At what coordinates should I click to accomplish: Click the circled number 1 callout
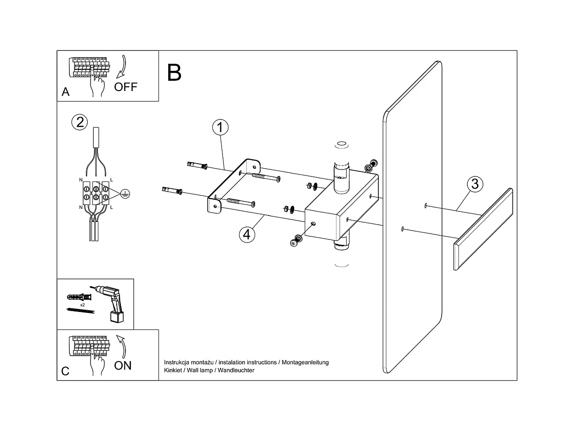[220, 127]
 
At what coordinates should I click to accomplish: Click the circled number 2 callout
[80, 122]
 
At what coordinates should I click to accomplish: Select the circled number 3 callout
[475, 184]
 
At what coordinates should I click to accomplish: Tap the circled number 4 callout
[247, 234]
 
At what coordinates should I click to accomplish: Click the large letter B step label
[174, 73]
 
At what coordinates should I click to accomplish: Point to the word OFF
[125, 87]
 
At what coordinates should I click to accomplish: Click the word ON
[123, 365]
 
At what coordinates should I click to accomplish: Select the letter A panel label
[66, 92]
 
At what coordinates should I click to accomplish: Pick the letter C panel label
[66, 371]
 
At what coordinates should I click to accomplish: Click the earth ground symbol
[124, 194]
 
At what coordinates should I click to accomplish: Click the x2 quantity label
[82, 305]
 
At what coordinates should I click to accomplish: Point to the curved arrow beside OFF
[121, 67]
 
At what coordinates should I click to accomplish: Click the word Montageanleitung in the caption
[305, 362]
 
